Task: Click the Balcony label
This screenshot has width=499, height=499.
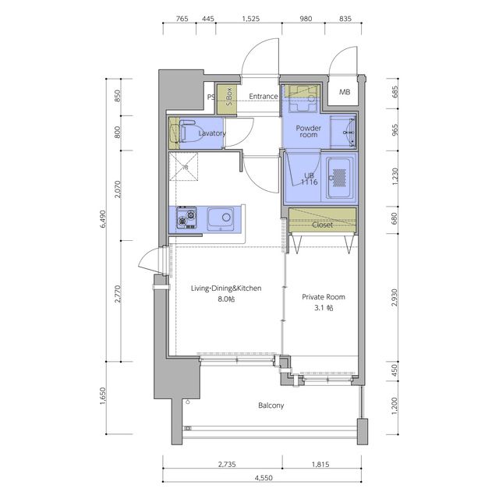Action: pyautogui.click(x=271, y=405)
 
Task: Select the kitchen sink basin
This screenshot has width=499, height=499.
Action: pyautogui.click(x=220, y=218)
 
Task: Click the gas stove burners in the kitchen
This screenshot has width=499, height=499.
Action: pyautogui.click(x=186, y=218)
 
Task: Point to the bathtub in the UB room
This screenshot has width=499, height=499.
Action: pyautogui.click(x=340, y=177)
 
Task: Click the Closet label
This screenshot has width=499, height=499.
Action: pyautogui.click(x=322, y=225)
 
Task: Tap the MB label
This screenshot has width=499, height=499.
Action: pyautogui.click(x=345, y=92)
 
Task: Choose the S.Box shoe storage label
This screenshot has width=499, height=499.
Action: pyautogui.click(x=228, y=97)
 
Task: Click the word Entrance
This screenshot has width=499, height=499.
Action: pyautogui.click(x=264, y=96)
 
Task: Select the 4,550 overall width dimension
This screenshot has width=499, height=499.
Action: pyautogui.click(x=264, y=478)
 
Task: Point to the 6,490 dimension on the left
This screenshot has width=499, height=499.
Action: pyautogui.click(x=103, y=219)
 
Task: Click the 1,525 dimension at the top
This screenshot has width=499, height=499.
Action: pyautogui.click(x=251, y=19)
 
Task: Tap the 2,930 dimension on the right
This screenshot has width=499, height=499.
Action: pyautogui.click(x=395, y=298)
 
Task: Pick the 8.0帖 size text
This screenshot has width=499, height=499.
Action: pyautogui.click(x=226, y=299)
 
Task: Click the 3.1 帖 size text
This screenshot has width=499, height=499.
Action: pyautogui.click(x=324, y=308)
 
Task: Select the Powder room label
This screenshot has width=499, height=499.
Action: pyautogui.click(x=309, y=131)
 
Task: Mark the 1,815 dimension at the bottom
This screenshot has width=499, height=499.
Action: pyautogui.click(x=320, y=465)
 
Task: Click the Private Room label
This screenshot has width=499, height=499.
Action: pyautogui.click(x=324, y=297)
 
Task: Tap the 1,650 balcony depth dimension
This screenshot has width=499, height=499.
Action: pyautogui.click(x=103, y=396)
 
